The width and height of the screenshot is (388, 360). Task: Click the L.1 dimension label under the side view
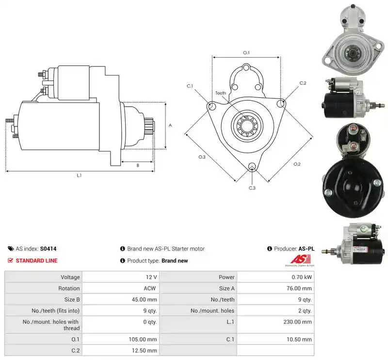coord(79,175)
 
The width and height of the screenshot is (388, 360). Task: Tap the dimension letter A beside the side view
coord(170,125)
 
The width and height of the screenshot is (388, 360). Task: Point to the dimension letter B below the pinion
coord(138,165)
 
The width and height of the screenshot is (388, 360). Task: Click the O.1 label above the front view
coord(246,53)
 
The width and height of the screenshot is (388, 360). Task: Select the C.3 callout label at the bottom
coord(252,188)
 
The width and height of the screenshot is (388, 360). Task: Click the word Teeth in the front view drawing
coord(221,93)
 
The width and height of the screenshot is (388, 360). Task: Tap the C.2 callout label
coord(303,83)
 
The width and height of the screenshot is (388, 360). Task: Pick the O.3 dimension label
coord(202,157)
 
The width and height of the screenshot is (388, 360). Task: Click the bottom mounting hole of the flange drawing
coord(252,166)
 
